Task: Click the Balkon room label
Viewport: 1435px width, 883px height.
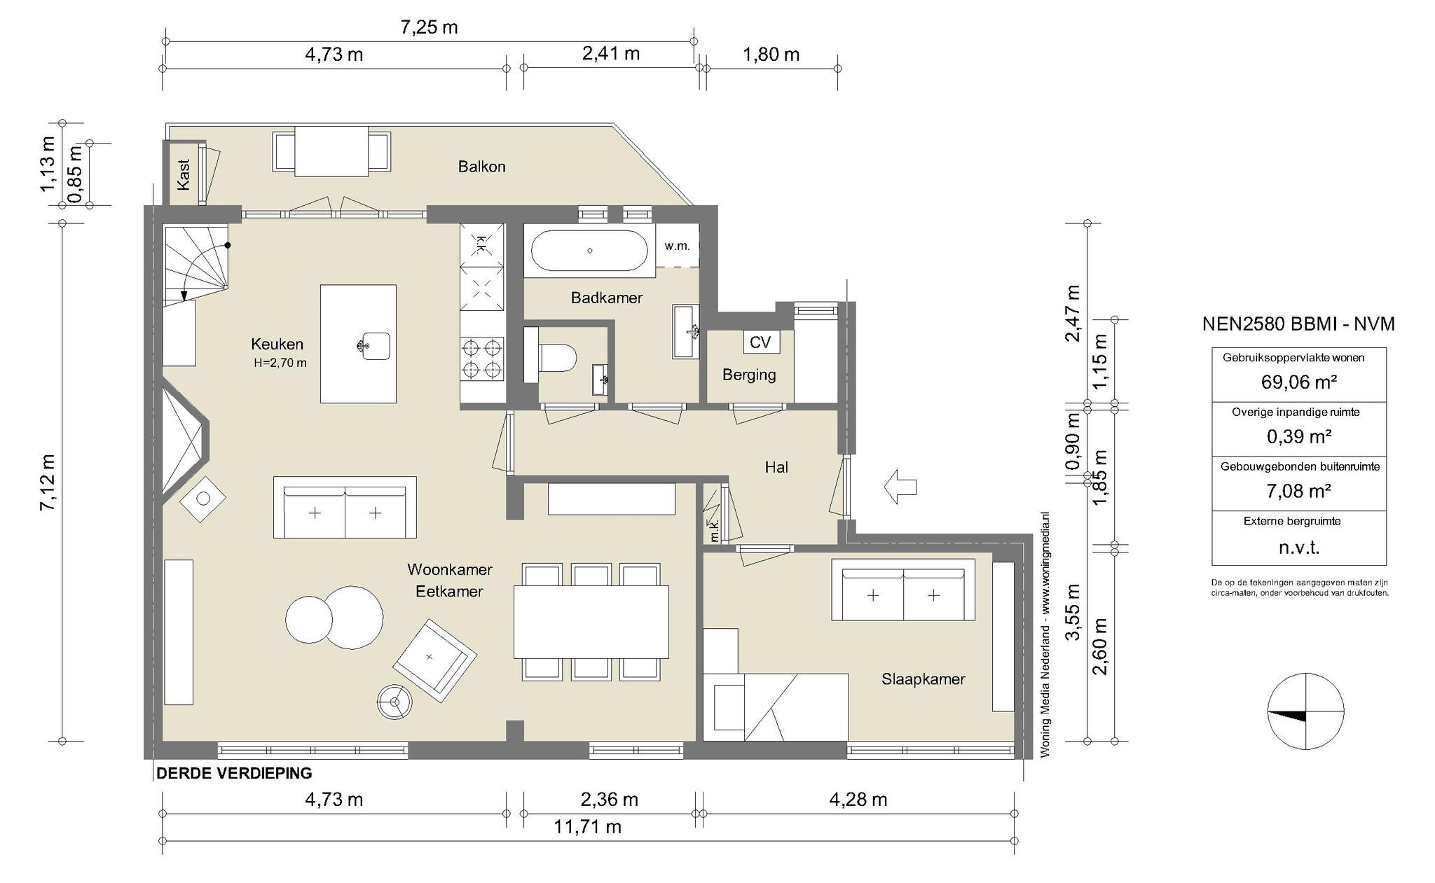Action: pyautogui.click(x=481, y=167)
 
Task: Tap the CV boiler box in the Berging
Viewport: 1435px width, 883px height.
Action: pyautogui.click(x=760, y=342)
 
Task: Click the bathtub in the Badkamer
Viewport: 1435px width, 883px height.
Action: pyautogui.click(x=589, y=250)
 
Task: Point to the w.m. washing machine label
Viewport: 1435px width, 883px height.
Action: pyautogui.click(x=677, y=246)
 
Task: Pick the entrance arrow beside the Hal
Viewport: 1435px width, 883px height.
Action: pyautogui.click(x=900, y=487)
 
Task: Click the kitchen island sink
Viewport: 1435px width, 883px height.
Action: pyautogui.click(x=375, y=346)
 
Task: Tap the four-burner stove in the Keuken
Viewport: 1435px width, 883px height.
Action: pyautogui.click(x=482, y=359)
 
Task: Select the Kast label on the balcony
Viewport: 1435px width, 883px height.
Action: pyautogui.click(x=184, y=174)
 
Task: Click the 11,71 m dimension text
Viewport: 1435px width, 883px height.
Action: pyautogui.click(x=587, y=827)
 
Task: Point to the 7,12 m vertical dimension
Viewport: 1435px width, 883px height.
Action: pyautogui.click(x=47, y=482)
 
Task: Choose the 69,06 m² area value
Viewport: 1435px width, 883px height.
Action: pyautogui.click(x=1298, y=382)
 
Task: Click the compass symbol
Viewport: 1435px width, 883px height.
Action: pyautogui.click(x=1306, y=711)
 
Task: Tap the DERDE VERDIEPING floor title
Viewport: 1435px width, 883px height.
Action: pyautogui.click(x=234, y=773)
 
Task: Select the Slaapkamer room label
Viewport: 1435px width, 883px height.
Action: pyautogui.click(x=923, y=679)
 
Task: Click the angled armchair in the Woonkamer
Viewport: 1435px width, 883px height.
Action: pyautogui.click(x=434, y=661)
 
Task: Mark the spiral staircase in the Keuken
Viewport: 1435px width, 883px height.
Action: pyautogui.click(x=195, y=263)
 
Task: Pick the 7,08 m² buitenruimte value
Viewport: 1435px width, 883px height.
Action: pyautogui.click(x=1298, y=491)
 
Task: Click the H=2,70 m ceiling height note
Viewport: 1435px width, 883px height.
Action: pyautogui.click(x=280, y=363)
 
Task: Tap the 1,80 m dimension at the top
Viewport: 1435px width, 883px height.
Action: pyautogui.click(x=771, y=55)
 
